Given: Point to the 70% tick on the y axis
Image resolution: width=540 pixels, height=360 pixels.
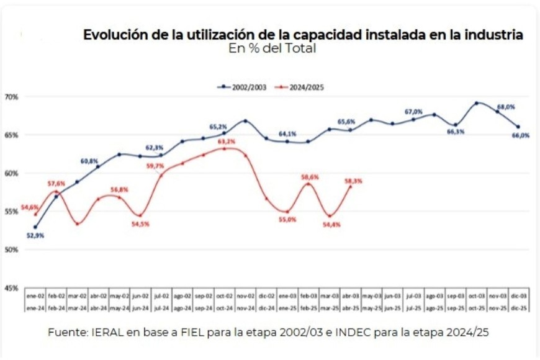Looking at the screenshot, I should pos(11,97).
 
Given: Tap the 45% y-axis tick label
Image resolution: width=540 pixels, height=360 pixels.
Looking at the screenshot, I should pos(11,288).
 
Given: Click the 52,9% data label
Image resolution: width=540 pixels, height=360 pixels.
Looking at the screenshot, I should pos(35,236).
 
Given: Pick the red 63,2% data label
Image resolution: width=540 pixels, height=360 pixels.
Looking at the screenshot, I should pos(227,142).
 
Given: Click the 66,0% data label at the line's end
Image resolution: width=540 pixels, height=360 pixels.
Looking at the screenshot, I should pos(521,135).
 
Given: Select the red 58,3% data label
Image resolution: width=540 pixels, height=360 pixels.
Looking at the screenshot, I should pos(353,181).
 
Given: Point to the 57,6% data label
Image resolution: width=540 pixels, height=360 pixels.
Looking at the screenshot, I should pos(56,184).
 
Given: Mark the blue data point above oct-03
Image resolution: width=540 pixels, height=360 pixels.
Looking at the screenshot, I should pos(477,103).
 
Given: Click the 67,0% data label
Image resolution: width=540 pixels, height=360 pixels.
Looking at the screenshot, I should pos(413,112).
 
